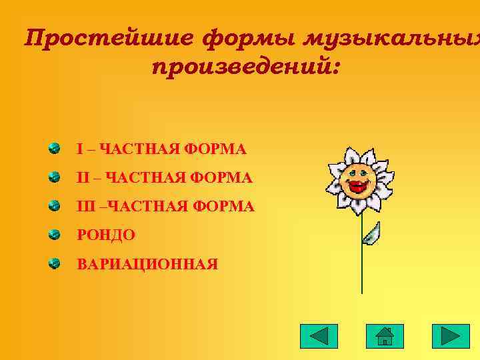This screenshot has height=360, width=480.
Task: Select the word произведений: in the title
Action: point(246,67)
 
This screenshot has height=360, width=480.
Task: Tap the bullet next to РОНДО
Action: point(54,234)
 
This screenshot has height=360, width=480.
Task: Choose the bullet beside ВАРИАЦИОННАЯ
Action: point(54,263)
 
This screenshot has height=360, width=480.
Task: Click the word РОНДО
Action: point(106,235)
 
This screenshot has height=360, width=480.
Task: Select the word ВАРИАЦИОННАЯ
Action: point(147,265)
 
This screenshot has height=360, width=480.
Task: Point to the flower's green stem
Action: point(362,267)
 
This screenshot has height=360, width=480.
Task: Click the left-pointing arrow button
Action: point(319,336)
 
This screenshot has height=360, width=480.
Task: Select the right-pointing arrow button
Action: point(451,336)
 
